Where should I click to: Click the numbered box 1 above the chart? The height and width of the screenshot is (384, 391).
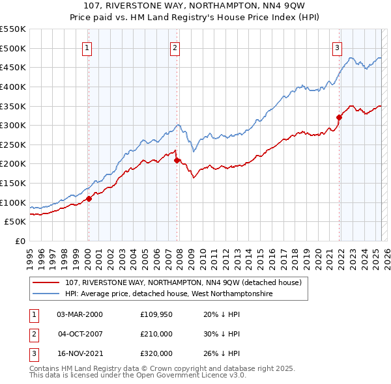(87, 47)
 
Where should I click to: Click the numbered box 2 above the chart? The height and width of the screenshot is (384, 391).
(175, 47)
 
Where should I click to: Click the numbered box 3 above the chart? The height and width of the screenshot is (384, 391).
(338, 47)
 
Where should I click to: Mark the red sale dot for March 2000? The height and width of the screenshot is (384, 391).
(89, 199)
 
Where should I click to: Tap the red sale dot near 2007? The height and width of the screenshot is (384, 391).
(177, 160)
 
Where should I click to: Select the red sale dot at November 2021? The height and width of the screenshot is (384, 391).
(340, 117)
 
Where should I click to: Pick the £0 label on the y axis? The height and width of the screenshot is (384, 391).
(20, 241)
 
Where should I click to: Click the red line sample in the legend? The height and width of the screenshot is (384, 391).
(46, 283)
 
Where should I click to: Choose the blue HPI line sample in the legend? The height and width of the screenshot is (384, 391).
(46, 294)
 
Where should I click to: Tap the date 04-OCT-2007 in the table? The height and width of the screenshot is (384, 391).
(80, 334)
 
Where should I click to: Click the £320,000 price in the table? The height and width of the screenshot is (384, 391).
(157, 353)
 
